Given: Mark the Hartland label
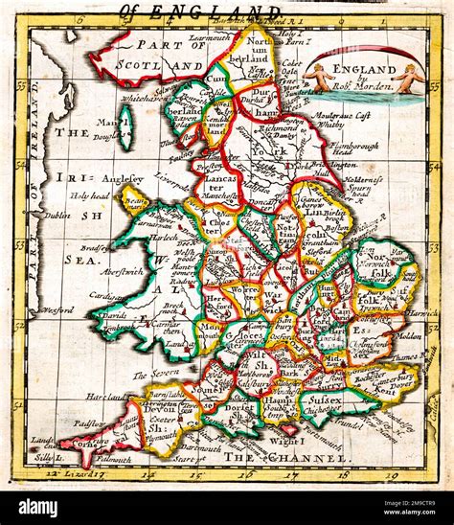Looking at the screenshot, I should point(101,395).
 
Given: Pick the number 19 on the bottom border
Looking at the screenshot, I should point(392,474).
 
